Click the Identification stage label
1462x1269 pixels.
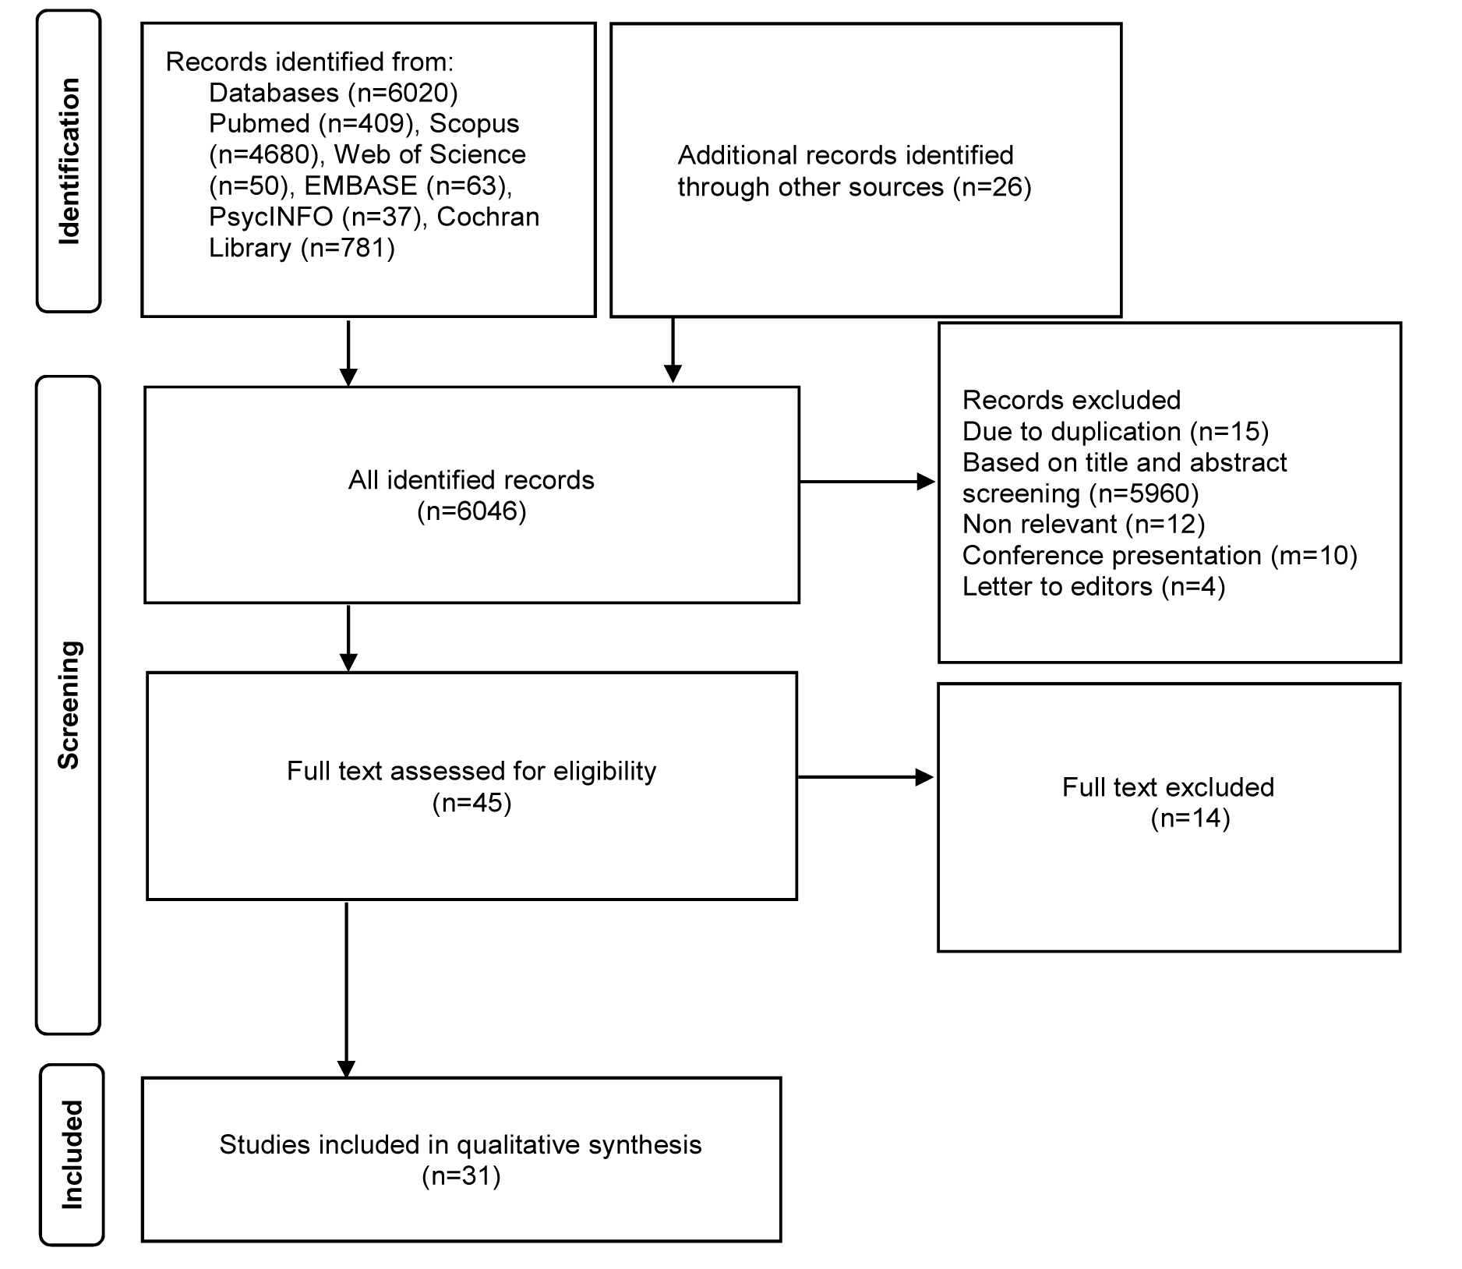tap(69, 161)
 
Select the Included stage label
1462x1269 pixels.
tap(72, 1154)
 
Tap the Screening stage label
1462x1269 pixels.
tap(69, 705)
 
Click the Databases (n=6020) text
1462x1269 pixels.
tap(334, 93)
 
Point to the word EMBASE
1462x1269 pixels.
tap(361, 186)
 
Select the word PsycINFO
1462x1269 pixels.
tap(271, 216)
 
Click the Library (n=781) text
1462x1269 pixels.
tap(302, 247)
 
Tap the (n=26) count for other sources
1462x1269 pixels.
tap(992, 187)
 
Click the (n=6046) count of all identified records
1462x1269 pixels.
tap(471, 511)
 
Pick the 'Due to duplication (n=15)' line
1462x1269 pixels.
tap(1115, 431)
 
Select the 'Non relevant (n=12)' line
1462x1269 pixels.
tap(1083, 524)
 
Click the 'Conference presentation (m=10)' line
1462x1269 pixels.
tap(1160, 555)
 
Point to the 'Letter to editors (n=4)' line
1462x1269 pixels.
tap(1093, 586)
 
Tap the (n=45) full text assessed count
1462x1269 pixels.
tap(471, 802)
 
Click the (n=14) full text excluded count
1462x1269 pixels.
tap(1190, 818)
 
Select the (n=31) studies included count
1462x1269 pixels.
tap(461, 1175)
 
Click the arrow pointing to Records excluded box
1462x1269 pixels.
tap(867, 482)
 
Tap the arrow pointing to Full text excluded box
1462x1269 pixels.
tap(865, 777)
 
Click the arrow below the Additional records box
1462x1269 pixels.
tap(673, 350)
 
